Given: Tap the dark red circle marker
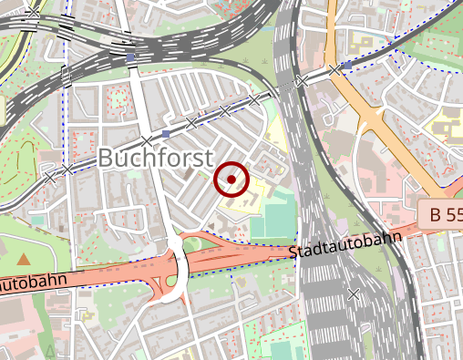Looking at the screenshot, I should (231, 180).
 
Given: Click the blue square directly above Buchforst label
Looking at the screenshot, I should (165, 134).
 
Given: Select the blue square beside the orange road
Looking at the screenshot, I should (347, 66).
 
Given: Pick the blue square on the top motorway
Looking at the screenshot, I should (131, 57).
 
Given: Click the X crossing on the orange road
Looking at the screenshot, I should (335, 69).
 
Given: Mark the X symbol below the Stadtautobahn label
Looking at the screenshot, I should (354, 293).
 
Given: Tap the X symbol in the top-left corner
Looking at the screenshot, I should (34, 13).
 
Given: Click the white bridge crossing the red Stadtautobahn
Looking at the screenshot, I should (177, 264).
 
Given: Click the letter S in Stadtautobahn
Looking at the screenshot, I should (293, 252).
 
